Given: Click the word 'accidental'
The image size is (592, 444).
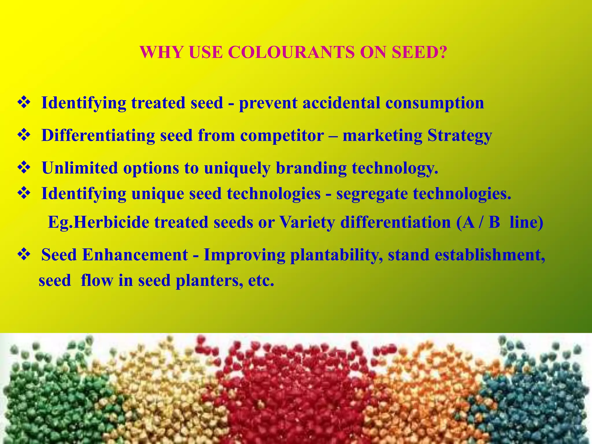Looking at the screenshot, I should [341, 103].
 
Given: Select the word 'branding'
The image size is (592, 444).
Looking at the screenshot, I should [311, 168].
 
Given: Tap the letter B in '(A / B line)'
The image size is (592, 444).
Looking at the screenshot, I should [494, 222].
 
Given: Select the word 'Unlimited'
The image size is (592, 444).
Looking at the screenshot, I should [80, 168].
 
